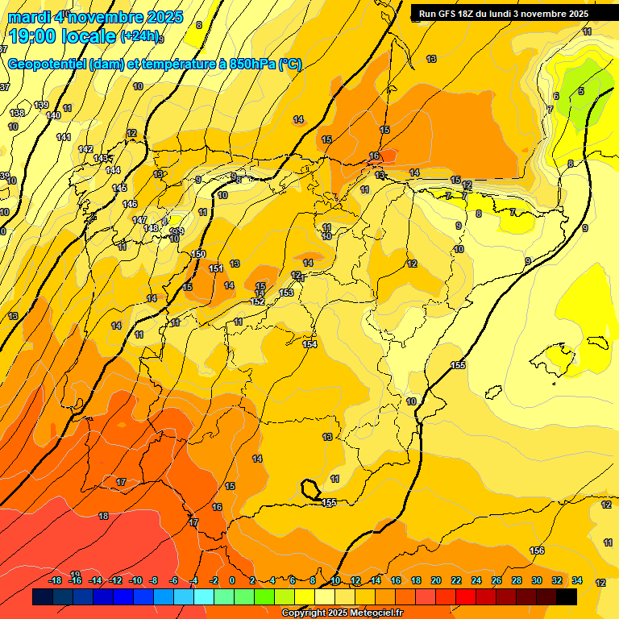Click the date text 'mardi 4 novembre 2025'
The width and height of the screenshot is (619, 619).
point(95,17)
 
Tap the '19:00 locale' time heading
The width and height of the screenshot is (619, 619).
point(62,36)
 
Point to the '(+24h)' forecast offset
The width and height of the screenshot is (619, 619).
point(140,36)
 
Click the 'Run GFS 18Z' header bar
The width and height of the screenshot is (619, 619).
point(503,14)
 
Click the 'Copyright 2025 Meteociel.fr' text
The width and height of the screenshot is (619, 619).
point(343,613)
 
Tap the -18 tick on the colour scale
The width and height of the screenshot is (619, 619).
point(56,580)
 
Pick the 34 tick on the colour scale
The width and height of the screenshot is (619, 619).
point(577,580)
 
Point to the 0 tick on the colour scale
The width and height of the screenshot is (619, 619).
point(232,580)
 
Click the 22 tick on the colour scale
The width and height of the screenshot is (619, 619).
point(456,580)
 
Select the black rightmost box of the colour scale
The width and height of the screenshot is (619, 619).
point(567,596)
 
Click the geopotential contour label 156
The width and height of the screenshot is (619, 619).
point(537,550)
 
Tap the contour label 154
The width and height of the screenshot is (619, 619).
point(309,344)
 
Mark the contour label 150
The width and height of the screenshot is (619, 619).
point(199,255)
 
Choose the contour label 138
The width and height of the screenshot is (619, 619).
point(17,113)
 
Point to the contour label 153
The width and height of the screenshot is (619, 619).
point(286,293)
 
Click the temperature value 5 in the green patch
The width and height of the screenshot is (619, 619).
point(580,91)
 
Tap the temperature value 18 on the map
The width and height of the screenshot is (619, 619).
point(103,516)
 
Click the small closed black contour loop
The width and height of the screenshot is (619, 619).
point(309,488)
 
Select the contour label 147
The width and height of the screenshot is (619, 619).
point(139,220)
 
